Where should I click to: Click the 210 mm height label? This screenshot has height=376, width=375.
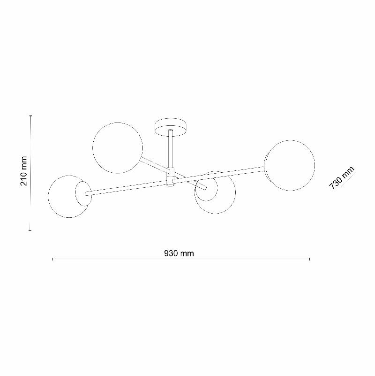[24, 171]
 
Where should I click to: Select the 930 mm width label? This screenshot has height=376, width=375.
[179, 253]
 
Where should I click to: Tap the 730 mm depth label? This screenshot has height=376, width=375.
[342, 177]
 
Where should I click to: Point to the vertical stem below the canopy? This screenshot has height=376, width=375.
[171, 150]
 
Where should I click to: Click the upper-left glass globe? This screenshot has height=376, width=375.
[117, 147]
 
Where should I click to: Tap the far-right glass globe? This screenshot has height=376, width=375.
[290, 165]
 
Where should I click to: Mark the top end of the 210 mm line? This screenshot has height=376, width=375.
[31, 115]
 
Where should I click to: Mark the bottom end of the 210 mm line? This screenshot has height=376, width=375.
[31, 230]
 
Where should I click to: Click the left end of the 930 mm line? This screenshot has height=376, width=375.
[53, 259]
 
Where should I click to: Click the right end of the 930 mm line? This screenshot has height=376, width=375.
[309, 259]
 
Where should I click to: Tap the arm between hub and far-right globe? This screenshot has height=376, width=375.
[220, 173]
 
